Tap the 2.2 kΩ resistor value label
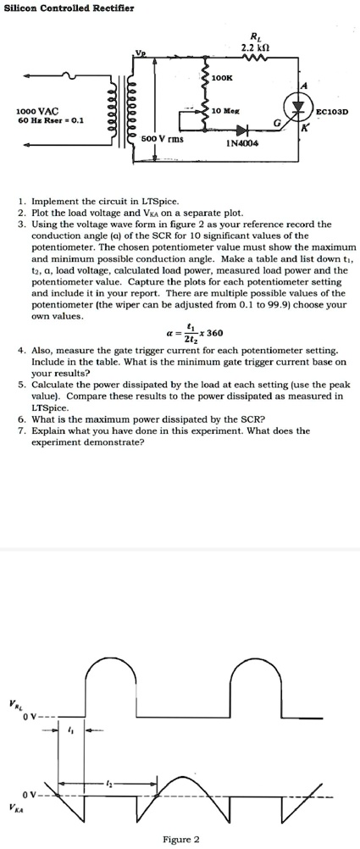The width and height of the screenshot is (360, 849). pos(255,46)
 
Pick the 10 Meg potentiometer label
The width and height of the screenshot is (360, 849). pos(225,111)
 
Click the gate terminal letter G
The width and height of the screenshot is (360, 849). pos(274,125)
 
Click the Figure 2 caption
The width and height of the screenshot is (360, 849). pos(180,839)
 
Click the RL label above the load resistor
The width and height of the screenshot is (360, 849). pos(256,36)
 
